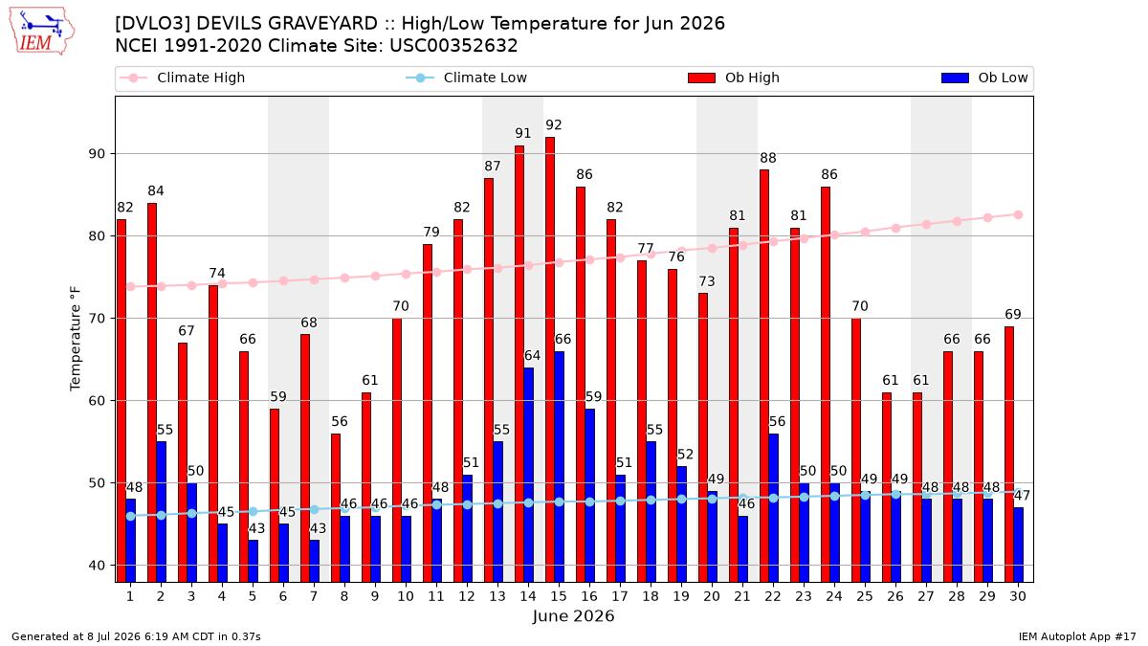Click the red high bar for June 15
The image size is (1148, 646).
[x=550, y=360]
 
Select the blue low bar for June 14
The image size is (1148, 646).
[x=528, y=475]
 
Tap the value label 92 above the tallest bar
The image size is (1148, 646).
[x=554, y=125]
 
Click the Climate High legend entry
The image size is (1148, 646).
[x=183, y=78]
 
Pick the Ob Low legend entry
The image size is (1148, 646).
[x=984, y=78]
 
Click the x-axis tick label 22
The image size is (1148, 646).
[x=773, y=596]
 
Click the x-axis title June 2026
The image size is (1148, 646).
[x=573, y=615]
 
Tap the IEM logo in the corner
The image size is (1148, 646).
[x=42, y=32]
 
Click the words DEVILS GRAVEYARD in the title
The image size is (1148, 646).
[x=287, y=24]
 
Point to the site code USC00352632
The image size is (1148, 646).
[x=453, y=46]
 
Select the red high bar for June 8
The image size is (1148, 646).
[x=336, y=507]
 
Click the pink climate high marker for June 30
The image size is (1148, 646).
[x=1018, y=214]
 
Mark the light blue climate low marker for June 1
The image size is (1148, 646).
[x=131, y=516]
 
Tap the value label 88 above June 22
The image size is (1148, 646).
[x=768, y=158]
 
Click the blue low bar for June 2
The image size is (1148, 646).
[x=162, y=512]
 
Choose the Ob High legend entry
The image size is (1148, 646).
[x=734, y=78]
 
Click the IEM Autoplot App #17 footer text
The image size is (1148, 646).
[x=1077, y=636]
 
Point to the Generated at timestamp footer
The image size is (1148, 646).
[x=136, y=636]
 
